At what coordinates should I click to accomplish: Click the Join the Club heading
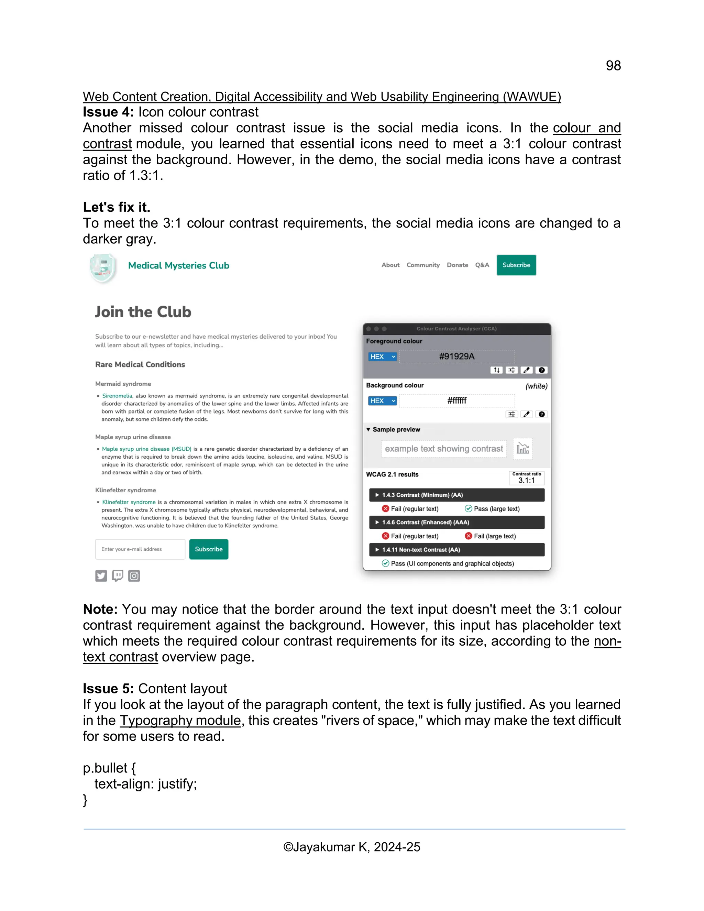tap(143, 312)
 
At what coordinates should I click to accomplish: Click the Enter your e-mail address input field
tap(140, 549)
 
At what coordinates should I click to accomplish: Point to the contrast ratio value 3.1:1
tap(526, 480)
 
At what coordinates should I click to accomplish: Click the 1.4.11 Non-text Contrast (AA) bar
tap(457, 549)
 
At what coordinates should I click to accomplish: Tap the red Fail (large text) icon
tap(469, 536)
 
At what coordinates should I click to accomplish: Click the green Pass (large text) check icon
tap(469, 508)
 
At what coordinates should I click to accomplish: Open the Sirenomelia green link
tap(117, 395)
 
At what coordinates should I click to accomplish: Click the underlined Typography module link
tap(180, 720)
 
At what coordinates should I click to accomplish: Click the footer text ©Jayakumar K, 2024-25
tap(352, 847)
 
